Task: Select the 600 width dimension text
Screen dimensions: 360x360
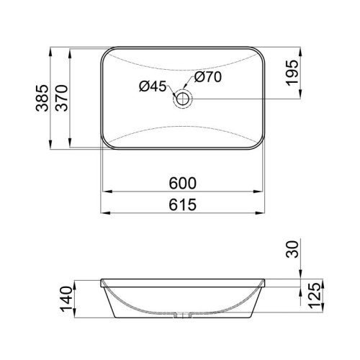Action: pyautogui.click(x=183, y=183)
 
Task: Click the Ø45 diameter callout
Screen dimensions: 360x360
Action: pyautogui.click(x=152, y=86)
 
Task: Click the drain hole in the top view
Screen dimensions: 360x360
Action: pyautogui.click(x=183, y=97)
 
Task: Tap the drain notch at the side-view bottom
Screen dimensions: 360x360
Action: pyautogui.click(x=183, y=314)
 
